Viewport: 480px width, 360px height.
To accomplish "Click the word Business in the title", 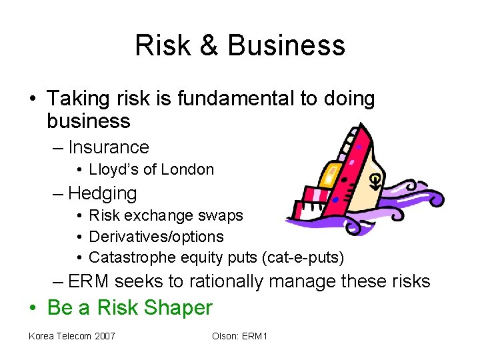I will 286,45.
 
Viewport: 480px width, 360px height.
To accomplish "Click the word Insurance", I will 109,147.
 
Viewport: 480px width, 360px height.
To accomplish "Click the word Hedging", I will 103,194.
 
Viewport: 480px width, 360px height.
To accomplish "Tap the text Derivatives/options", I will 156,237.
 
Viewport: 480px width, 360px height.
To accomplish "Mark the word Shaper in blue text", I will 182,308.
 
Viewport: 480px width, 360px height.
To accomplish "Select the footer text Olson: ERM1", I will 239,336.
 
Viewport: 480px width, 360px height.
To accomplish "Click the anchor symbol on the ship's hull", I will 376,179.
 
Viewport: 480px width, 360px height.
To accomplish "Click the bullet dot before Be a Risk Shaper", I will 33,309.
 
